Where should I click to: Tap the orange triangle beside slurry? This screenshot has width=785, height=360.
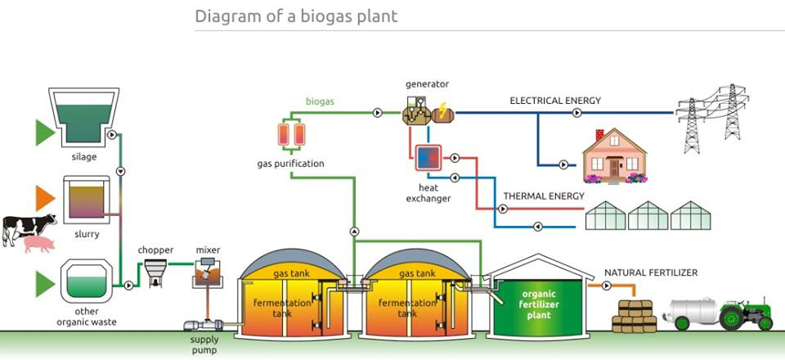[45, 200]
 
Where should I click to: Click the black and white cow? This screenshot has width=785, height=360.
[29, 227]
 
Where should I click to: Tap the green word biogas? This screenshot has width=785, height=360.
[320, 101]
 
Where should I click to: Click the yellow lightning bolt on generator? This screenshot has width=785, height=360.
[442, 110]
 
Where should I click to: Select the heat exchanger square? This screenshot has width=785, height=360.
[428, 156]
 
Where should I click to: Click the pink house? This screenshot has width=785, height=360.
[613, 156]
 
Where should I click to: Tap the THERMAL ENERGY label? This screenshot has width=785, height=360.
[544, 196]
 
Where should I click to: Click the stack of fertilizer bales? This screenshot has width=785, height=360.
[635, 315]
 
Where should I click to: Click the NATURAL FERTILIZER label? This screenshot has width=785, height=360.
[651, 272]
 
